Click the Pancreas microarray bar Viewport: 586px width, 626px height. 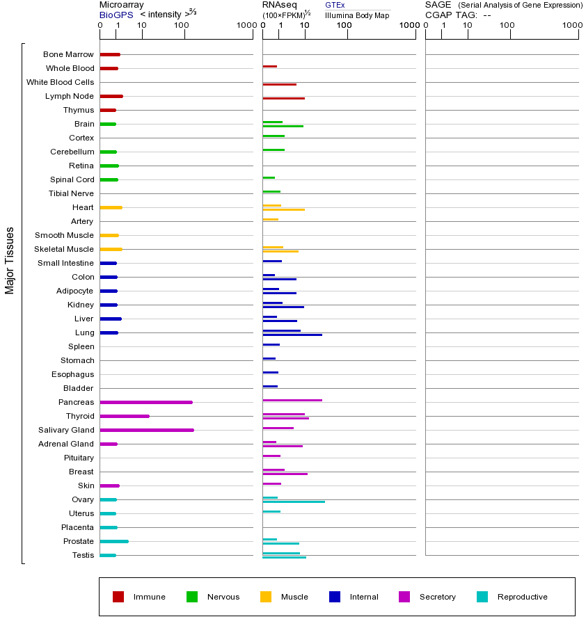(x=146, y=402)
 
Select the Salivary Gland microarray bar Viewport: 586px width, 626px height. (x=147, y=430)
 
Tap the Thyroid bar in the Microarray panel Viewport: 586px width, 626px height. (x=125, y=416)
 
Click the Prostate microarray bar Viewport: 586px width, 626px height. (x=114, y=541)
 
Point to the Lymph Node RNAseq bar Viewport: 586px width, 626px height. (x=283, y=98)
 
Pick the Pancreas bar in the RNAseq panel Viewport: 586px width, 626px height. (x=292, y=400)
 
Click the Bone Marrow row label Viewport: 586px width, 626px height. (x=68, y=54)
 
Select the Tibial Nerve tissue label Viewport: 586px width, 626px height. (x=71, y=193)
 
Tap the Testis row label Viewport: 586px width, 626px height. (x=83, y=555)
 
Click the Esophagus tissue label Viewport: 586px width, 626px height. (x=73, y=374)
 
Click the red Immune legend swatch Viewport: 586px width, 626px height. (x=118, y=597)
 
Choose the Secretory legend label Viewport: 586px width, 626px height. (x=437, y=597)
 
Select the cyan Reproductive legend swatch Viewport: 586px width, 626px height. (x=482, y=597)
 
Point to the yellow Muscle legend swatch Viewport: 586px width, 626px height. (x=266, y=597)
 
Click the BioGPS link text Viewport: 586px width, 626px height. (x=116, y=15)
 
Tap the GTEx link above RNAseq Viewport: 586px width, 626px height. (x=335, y=5)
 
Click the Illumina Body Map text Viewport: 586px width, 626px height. (x=357, y=15)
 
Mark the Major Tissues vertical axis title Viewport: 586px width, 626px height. (x=10, y=259)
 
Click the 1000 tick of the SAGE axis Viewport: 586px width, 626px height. (x=571, y=26)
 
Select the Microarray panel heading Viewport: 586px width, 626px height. (x=121, y=5)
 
